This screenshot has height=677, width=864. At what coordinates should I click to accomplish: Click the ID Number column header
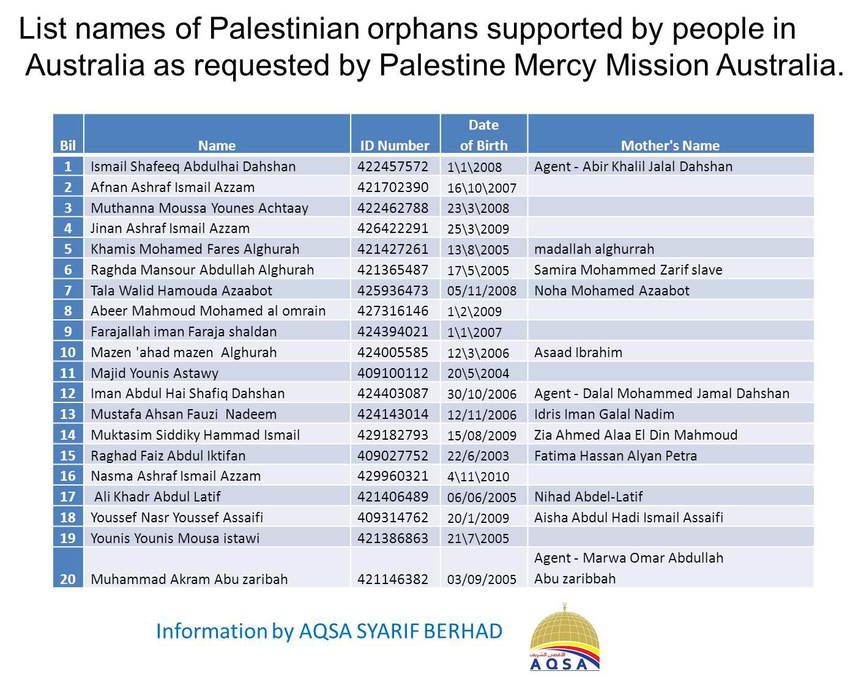click(395, 146)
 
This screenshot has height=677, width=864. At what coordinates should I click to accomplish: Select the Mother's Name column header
click(670, 146)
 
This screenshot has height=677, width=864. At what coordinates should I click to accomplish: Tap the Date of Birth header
click(483, 136)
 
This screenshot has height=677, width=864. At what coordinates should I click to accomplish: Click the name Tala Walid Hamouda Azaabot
click(181, 290)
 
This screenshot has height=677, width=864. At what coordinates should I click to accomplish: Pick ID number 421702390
click(393, 187)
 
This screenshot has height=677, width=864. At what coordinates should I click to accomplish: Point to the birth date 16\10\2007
click(482, 188)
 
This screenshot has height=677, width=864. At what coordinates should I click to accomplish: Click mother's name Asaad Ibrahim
click(578, 352)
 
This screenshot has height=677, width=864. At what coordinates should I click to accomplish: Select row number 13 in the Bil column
click(67, 414)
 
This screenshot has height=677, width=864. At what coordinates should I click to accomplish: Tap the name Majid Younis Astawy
click(154, 373)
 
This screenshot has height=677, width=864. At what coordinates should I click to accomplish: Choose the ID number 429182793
click(393, 435)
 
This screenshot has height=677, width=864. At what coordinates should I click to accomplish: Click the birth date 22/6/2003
click(478, 456)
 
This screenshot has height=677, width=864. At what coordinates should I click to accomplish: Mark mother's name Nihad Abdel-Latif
click(589, 497)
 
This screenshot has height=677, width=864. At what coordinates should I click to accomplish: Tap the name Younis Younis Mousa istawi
click(175, 538)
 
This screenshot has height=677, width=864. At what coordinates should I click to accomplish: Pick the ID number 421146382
click(393, 579)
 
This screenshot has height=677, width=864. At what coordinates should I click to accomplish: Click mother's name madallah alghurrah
click(594, 249)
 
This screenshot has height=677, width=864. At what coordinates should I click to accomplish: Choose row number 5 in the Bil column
click(68, 249)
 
